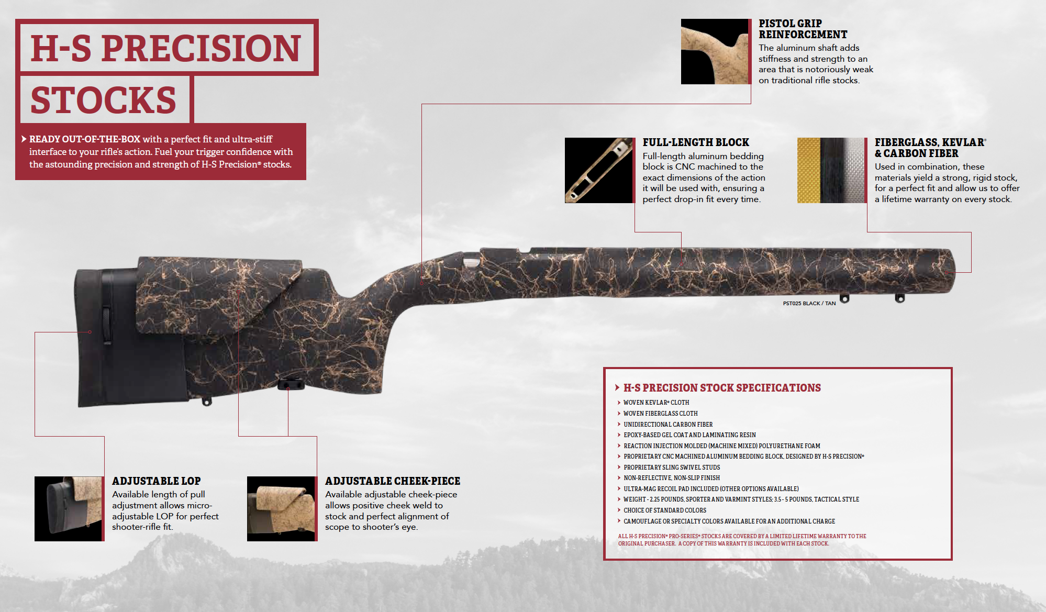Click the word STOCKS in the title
pos(104,100)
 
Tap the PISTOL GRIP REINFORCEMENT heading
pos(802,29)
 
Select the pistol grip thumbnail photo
pos(715,51)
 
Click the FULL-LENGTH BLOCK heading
pos(695,142)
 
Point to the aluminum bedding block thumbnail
pos(598,170)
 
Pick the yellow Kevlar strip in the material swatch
pos(808,170)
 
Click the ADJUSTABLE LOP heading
pos(156,481)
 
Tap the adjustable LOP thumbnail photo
pos(69,508)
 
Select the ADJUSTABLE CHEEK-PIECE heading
pos(392,481)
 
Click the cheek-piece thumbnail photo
pos(281,508)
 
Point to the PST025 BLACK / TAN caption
pos(809,304)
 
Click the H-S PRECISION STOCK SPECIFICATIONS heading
pos(721,388)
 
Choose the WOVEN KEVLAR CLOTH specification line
pos(656,403)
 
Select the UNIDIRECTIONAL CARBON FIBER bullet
pos(667,425)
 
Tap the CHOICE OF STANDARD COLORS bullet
pos(664,510)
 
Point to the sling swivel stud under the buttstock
pos(207,402)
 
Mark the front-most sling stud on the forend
pos(899,298)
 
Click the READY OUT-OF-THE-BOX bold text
pos(85,139)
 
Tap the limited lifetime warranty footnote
pos(741,540)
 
